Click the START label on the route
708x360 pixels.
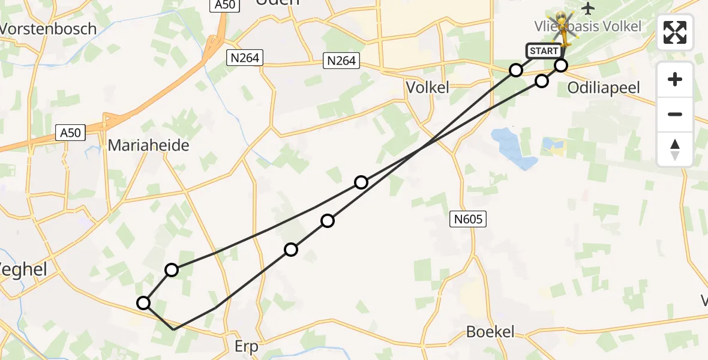coord(544,51)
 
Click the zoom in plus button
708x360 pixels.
coord(675,79)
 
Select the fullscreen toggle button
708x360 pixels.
coord(675,32)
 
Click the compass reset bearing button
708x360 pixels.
coord(675,149)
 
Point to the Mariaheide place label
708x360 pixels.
coord(149,145)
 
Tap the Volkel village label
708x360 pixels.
coord(427,88)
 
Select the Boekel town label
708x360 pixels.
coord(491,332)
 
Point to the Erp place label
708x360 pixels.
coord(246,346)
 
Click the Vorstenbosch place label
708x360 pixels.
coord(48,28)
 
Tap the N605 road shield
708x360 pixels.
coord(468,220)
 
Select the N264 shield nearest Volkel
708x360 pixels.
coord(341,61)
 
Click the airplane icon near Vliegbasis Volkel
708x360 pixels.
coord(589,8)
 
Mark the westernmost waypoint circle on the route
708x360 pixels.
coord(143,303)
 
